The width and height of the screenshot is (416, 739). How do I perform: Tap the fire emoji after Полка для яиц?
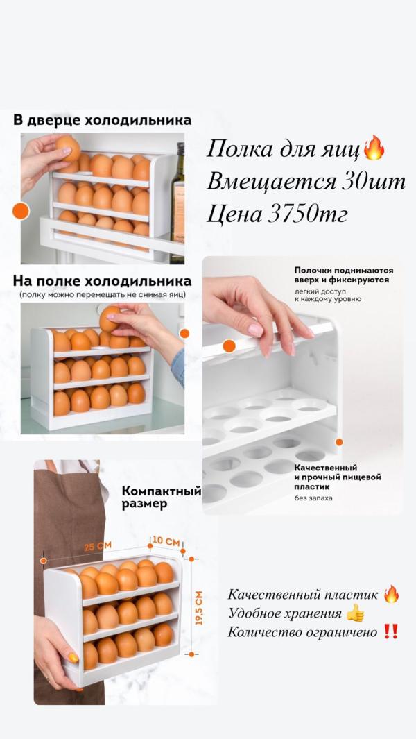pos(374,148)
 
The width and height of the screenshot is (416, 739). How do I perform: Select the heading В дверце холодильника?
pos(103,120)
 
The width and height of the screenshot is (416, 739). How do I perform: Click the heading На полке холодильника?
pos(102,281)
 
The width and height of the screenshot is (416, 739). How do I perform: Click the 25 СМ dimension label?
pos(98,546)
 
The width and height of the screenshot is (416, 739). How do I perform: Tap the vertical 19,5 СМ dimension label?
pos(199,608)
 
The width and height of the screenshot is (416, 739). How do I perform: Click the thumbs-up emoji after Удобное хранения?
pos(355,613)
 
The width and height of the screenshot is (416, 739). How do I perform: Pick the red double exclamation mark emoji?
pos(391,631)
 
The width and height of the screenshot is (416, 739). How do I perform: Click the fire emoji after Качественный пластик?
pos(392,594)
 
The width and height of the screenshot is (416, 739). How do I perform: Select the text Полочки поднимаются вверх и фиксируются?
pos(343,275)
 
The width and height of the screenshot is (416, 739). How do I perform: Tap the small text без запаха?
pos(313,498)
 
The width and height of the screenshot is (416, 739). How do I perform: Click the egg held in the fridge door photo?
pos(69,148)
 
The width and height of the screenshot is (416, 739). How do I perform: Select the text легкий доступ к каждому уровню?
pos(328,295)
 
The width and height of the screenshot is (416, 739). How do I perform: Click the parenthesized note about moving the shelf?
pos(102,295)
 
